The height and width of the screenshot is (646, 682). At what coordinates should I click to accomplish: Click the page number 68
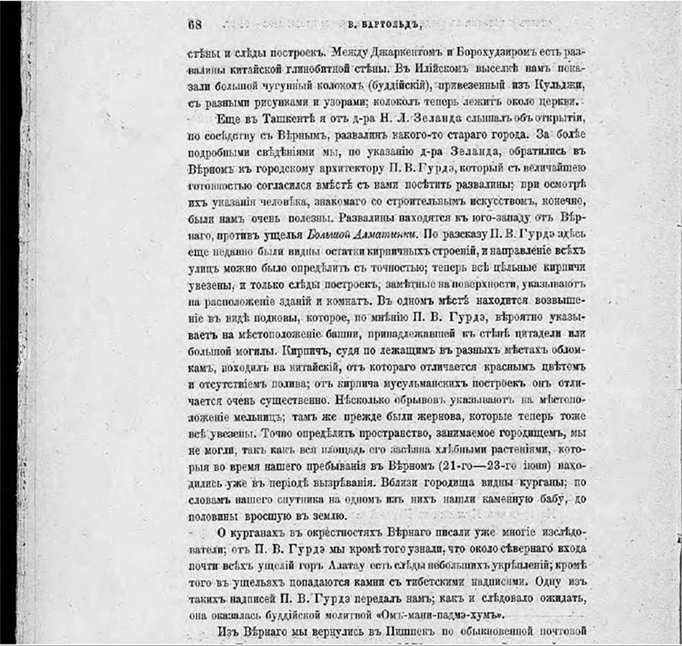[x=195, y=23]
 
